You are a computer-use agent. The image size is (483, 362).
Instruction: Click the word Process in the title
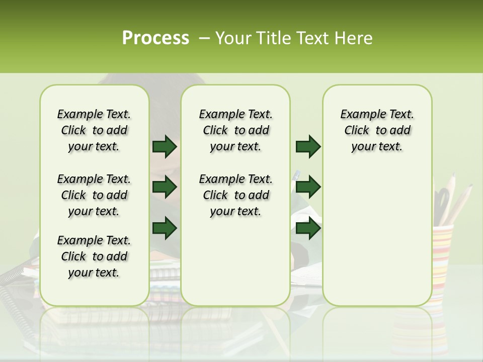coord(155,38)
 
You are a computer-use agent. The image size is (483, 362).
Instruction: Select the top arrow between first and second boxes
coord(165,146)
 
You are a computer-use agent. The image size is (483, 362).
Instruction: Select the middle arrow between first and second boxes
coord(165,188)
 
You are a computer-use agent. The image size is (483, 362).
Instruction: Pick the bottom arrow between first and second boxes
coord(165,228)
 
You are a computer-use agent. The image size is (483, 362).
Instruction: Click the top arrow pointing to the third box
coord(308,146)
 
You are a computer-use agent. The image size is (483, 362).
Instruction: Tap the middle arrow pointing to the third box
coord(308,188)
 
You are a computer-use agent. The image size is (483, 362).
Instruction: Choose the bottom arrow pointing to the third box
coord(308,228)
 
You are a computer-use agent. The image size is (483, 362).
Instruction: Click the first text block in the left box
coord(94,130)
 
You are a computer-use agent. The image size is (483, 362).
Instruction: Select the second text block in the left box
coord(94,195)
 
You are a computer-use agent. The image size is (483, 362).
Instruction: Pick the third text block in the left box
coord(94,256)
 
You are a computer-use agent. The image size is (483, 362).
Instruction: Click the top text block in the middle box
coord(235,130)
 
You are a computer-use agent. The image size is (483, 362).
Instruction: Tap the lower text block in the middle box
coord(235,195)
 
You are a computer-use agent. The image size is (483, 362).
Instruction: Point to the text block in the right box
coord(377,130)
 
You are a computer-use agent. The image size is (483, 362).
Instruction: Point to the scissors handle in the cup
coord(442,199)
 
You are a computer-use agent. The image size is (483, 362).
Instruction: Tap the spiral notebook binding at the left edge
coord(13,282)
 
